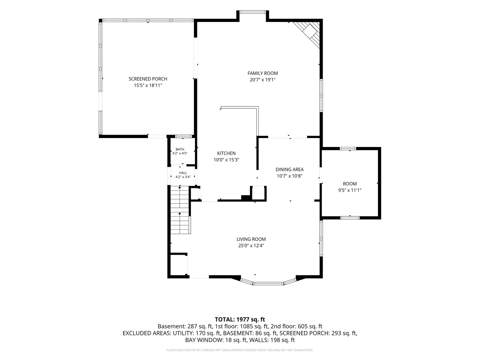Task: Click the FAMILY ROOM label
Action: (x=262, y=73)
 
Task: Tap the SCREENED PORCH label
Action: (x=148, y=79)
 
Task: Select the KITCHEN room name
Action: (x=226, y=153)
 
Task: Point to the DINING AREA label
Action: (x=290, y=169)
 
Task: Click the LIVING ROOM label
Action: (x=251, y=239)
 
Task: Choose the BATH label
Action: (x=180, y=149)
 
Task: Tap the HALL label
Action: (x=183, y=173)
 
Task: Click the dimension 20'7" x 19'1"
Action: (x=262, y=80)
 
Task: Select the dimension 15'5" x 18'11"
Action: (x=148, y=85)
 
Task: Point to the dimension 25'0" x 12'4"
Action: (x=251, y=245)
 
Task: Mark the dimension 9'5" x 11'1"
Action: (x=350, y=190)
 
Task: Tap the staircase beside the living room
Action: (x=180, y=210)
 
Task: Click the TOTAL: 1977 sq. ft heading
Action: (x=240, y=320)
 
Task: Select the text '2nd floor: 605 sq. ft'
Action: (x=296, y=326)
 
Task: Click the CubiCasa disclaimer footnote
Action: (x=240, y=350)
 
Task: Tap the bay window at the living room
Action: (x=268, y=282)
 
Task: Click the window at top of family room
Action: (x=253, y=12)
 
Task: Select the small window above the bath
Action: (x=183, y=137)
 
